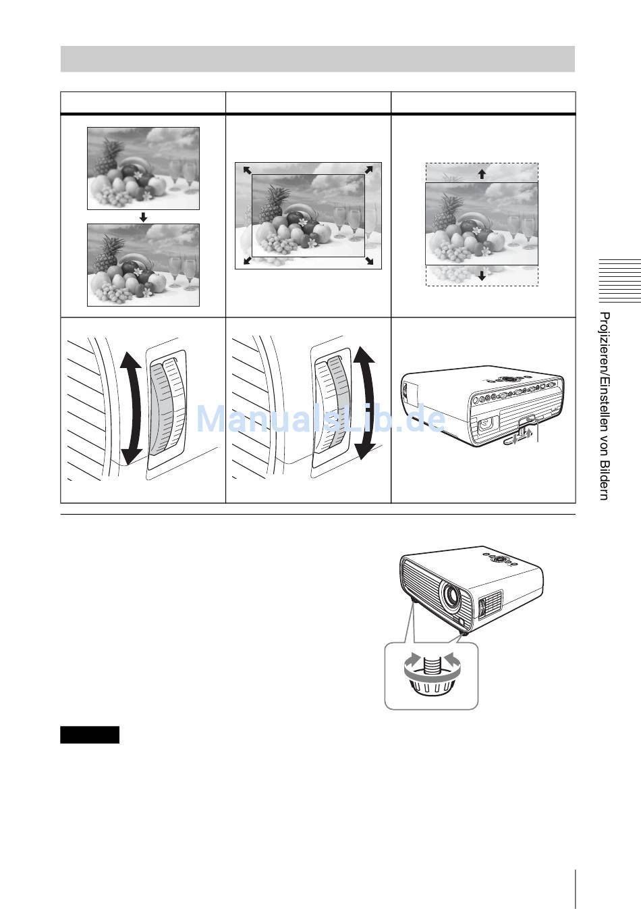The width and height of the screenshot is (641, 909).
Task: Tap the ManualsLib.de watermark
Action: [320, 418]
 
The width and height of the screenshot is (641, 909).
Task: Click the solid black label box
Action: [90, 735]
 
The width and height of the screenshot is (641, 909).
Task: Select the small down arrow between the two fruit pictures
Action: [143, 217]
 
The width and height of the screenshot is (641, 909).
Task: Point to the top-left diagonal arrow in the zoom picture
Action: [247, 170]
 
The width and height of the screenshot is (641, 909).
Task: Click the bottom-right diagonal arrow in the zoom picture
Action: [369, 261]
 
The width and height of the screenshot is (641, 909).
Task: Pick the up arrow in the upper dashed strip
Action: [482, 174]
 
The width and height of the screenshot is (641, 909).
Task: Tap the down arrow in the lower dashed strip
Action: [482, 276]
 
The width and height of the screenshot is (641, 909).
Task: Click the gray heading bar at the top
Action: [317, 59]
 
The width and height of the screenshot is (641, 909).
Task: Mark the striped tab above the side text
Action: [619, 280]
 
